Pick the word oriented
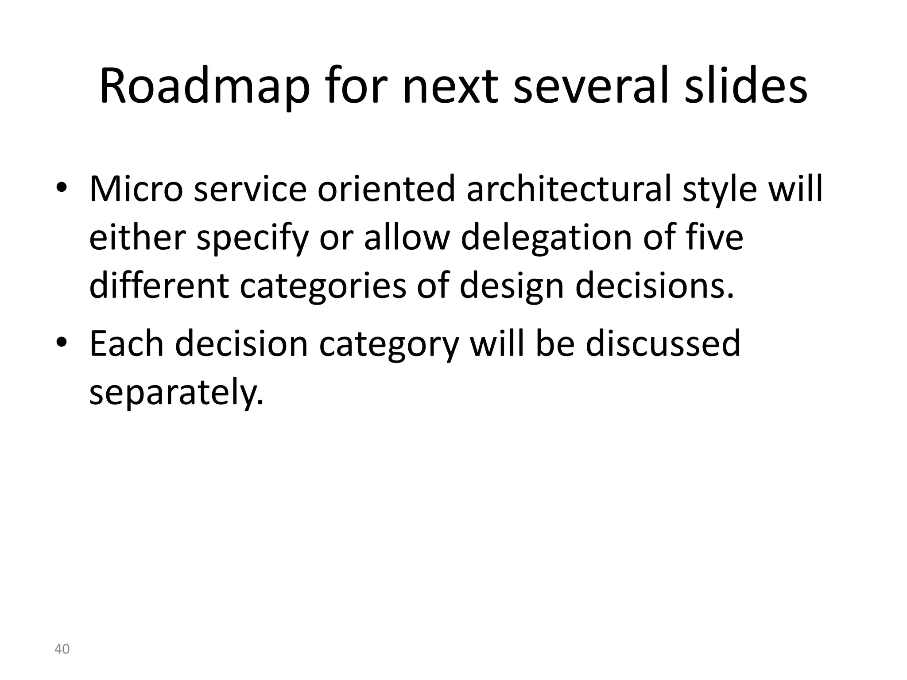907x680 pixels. coord(387,189)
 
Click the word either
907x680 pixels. coord(137,238)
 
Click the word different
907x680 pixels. coord(159,286)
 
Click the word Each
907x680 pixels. coord(127,344)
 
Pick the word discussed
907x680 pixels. coord(663,344)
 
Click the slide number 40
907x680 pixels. coord(62,649)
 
